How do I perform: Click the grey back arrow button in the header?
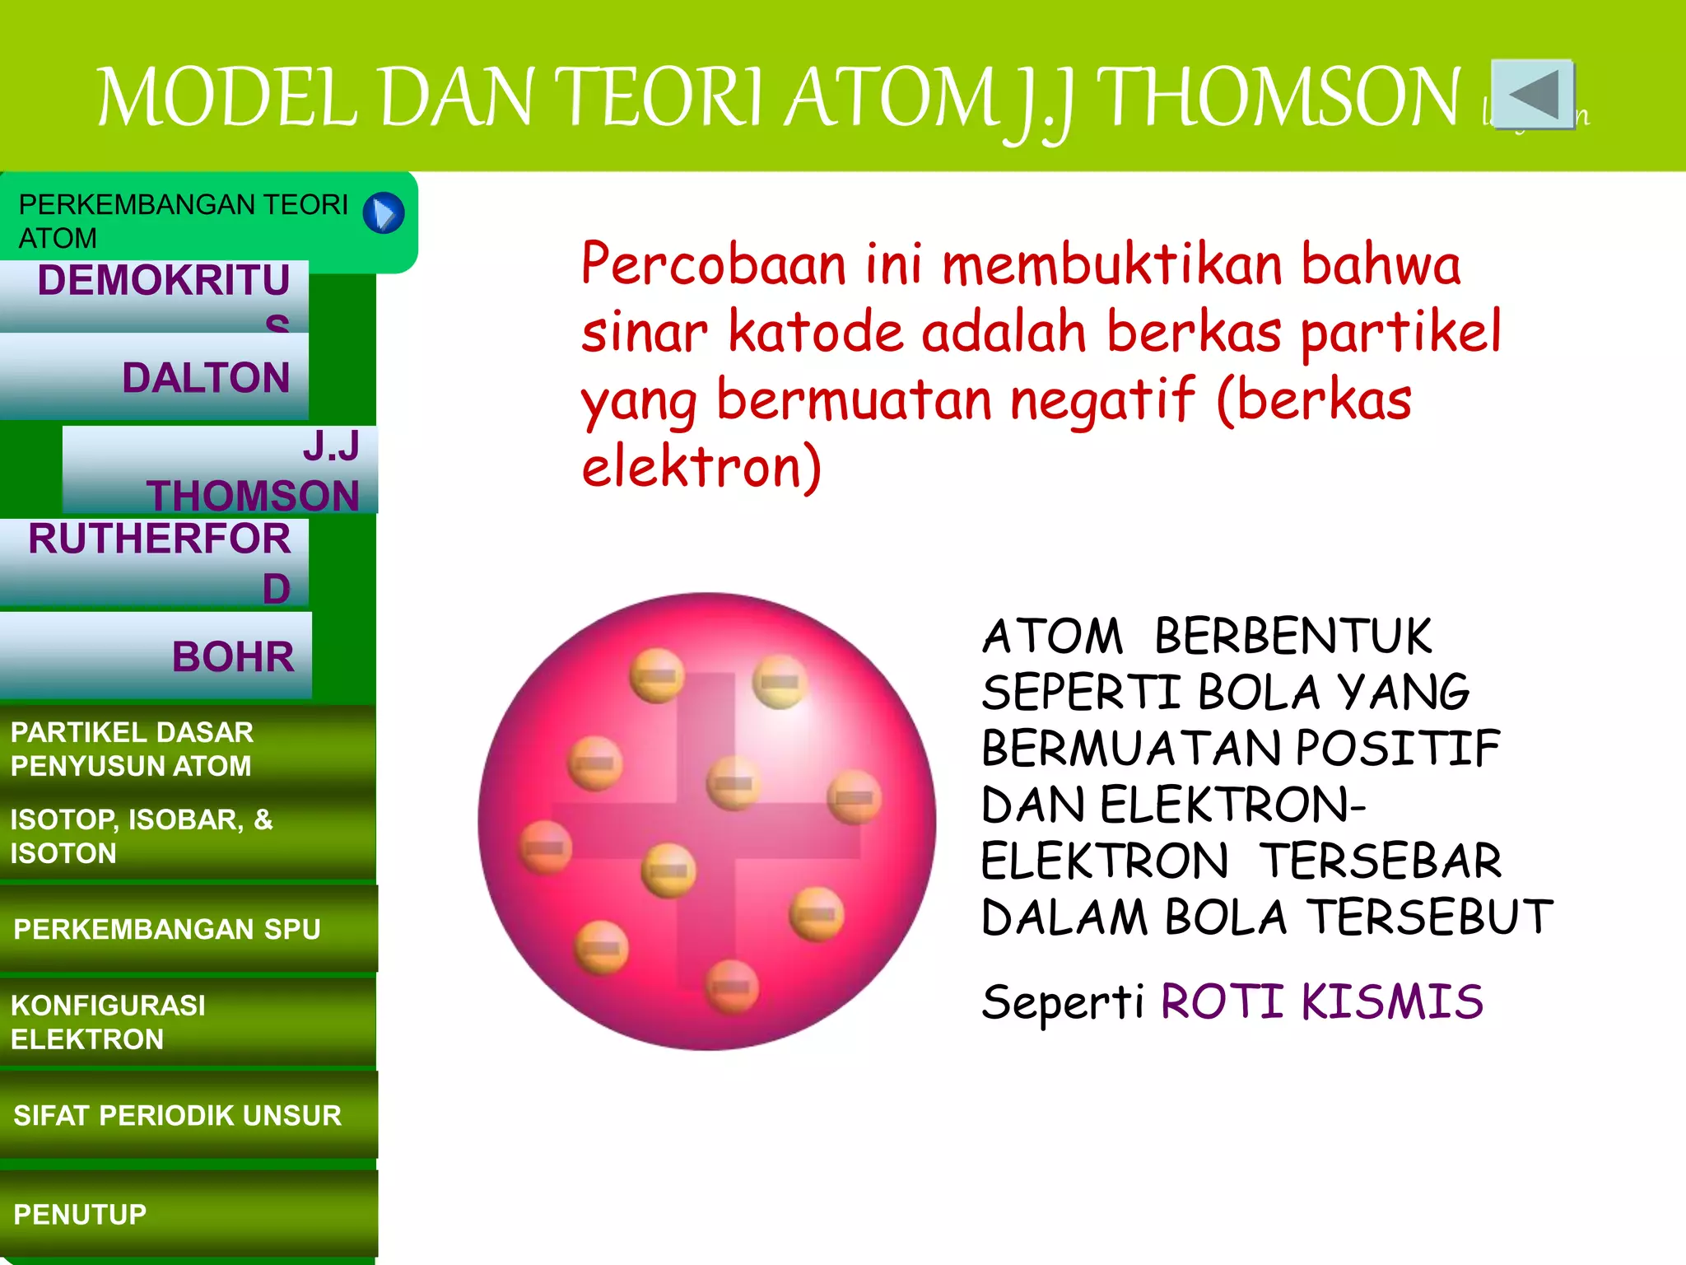click(x=1533, y=94)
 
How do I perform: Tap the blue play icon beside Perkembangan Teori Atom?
click(x=384, y=213)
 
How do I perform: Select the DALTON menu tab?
click(x=154, y=377)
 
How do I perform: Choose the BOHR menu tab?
click(x=156, y=656)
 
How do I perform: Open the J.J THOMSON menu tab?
click(x=220, y=470)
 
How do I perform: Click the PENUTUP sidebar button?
click(x=188, y=1214)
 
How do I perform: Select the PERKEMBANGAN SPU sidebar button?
click(x=188, y=929)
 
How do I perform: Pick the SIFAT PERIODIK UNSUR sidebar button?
click(x=188, y=1115)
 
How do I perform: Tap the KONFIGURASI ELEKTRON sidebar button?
click(x=188, y=1022)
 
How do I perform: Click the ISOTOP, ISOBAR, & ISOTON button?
click(x=188, y=836)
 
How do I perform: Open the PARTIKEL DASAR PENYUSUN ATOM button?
click(x=188, y=749)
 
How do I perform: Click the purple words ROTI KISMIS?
click(x=1321, y=1001)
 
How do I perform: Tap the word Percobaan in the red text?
click(x=714, y=264)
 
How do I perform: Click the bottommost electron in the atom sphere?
click(x=731, y=986)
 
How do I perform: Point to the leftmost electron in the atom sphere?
click(x=545, y=847)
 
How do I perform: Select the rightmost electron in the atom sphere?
click(x=854, y=796)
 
